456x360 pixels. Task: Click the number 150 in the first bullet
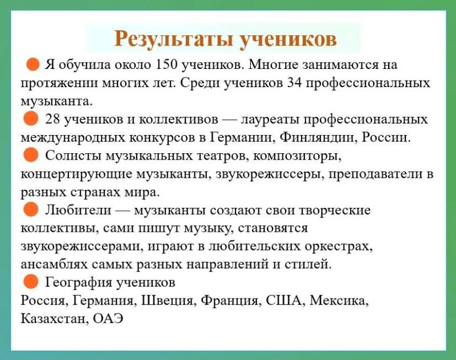pos(166,64)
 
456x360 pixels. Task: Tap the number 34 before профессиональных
pos(295,83)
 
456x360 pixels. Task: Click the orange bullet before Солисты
pos(31,154)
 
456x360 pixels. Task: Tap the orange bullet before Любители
pos(31,209)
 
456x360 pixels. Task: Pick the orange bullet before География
pos(31,281)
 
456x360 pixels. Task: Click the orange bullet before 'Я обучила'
pos(32,64)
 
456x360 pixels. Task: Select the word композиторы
pos(297,156)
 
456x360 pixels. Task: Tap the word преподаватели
pos(375,174)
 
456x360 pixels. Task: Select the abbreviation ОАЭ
pos(108,319)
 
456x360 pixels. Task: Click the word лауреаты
pos(269,120)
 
